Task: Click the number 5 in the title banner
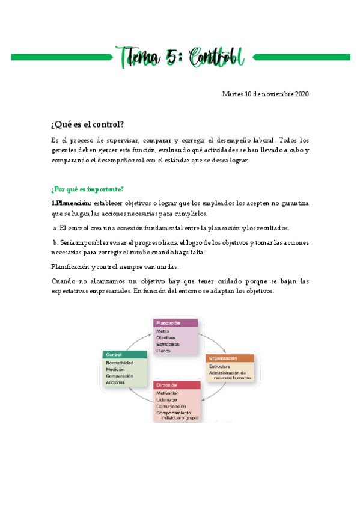(x=171, y=58)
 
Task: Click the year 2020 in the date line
(x=299, y=94)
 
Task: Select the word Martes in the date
(x=233, y=94)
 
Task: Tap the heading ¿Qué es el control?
(x=88, y=124)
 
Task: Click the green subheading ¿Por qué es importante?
(x=88, y=189)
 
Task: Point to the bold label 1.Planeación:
(x=72, y=203)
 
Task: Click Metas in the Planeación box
(x=163, y=331)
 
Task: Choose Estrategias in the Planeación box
(x=168, y=344)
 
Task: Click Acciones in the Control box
(x=115, y=382)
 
